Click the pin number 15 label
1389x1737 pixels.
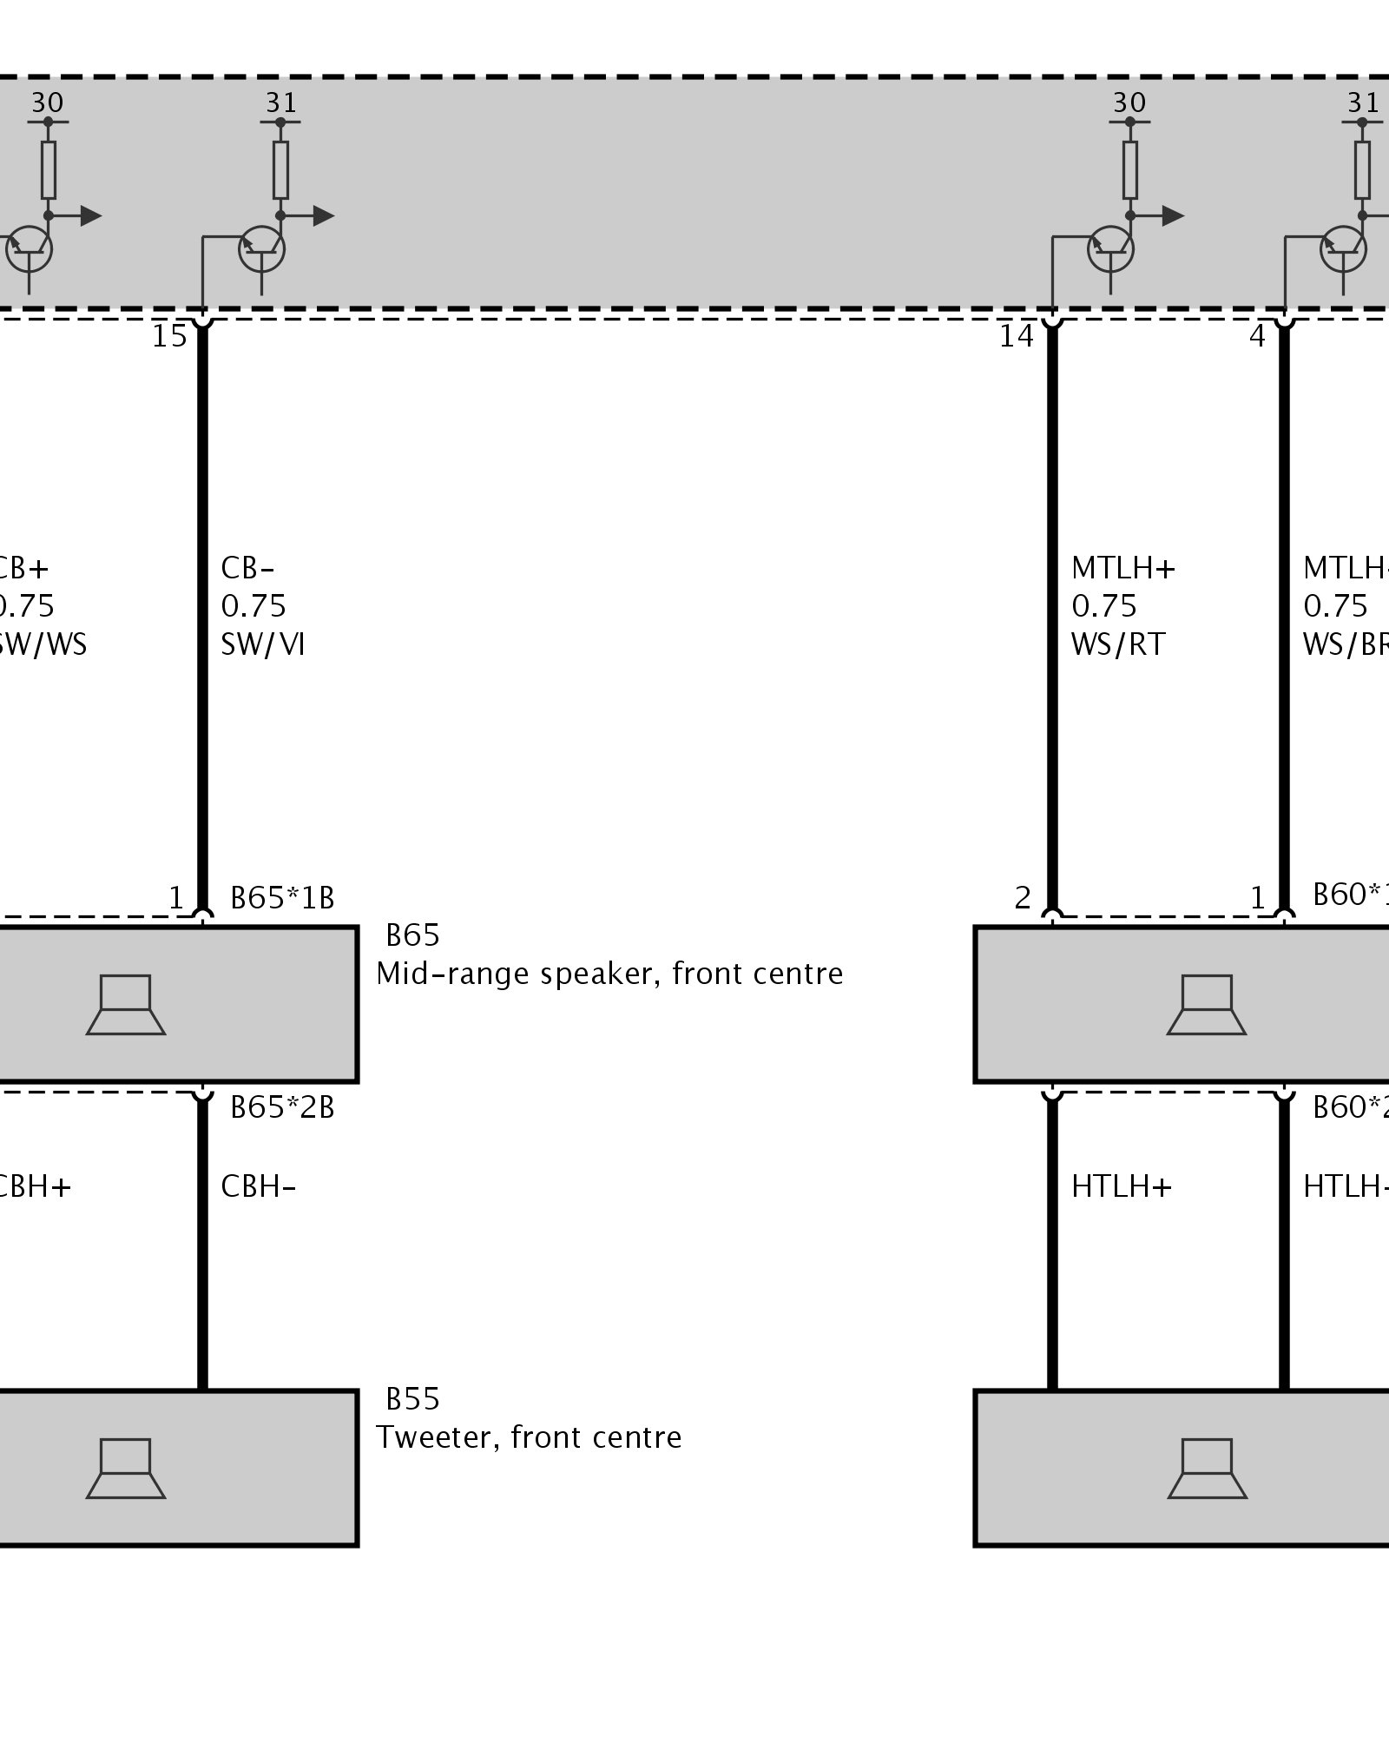tap(169, 336)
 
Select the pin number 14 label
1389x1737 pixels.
tap(1017, 336)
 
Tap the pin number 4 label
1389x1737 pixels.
tap(1257, 336)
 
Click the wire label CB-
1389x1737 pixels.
tap(247, 568)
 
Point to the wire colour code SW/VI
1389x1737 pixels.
tap(262, 644)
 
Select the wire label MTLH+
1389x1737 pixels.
tap(1123, 568)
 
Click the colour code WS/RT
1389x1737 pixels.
tap(1118, 644)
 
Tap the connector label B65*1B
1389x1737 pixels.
tap(282, 897)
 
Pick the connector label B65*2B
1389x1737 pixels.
tap(282, 1107)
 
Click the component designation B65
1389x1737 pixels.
tap(412, 935)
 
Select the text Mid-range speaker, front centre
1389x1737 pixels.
tap(609, 974)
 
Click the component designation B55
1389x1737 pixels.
tap(412, 1399)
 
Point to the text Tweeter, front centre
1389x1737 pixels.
tap(529, 1437)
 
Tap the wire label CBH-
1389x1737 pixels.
tap(258, 1186)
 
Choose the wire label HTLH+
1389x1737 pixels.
tap(1122, 1186)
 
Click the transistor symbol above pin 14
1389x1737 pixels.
tap(1110, 249)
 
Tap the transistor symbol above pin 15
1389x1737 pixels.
tap(261, 249)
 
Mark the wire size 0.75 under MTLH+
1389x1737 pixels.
tap(1103, 606)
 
